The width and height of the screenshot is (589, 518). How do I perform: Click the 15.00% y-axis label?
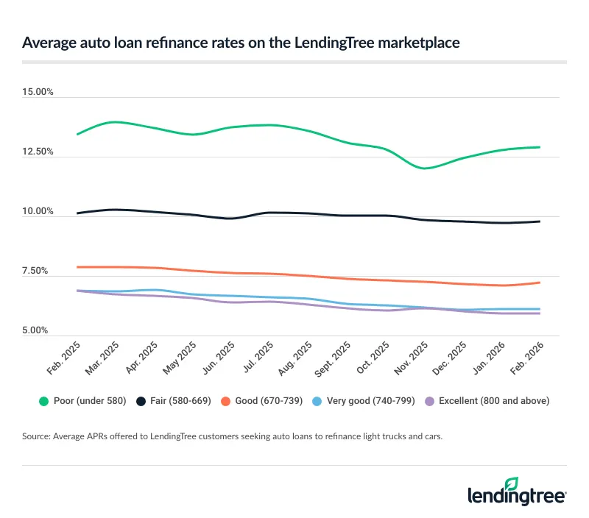[38, 92]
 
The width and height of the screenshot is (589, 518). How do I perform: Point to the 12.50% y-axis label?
[38, 152]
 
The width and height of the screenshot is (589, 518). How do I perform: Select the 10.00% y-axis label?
[38, 212]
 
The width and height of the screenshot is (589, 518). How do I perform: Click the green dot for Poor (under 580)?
[43, 401]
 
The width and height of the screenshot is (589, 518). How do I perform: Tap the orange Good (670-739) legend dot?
[230, 401]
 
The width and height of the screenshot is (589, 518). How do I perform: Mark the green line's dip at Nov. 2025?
[424, 168]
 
